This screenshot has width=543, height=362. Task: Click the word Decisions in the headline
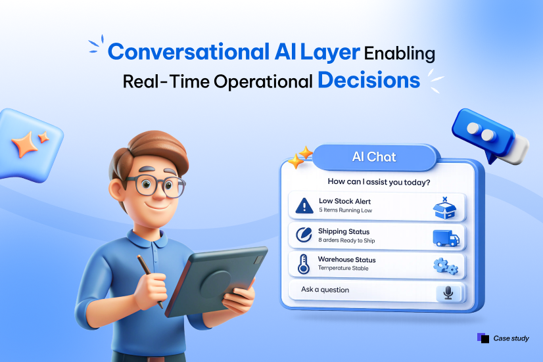[369, 80]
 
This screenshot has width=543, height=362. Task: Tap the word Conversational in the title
[189, 52]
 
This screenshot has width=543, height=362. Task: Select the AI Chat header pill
[374, 157]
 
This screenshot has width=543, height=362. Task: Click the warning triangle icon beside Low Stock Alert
[304, 205]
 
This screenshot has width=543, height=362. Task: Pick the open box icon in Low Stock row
[444, 208]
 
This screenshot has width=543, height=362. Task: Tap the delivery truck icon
[446, 238]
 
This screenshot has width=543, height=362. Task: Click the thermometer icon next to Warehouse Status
[303, 264]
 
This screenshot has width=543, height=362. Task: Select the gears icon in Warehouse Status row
[446, 266]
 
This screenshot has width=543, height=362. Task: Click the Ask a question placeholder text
[325, 290]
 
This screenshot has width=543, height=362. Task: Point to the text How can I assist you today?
[379, 182]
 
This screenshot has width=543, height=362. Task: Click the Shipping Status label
[344, 231]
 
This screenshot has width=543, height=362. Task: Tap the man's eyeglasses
[157, 185]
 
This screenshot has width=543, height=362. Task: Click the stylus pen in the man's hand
[150, 281]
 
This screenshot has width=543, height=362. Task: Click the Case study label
[511, 338]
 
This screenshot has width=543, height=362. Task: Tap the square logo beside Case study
[483, 338]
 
